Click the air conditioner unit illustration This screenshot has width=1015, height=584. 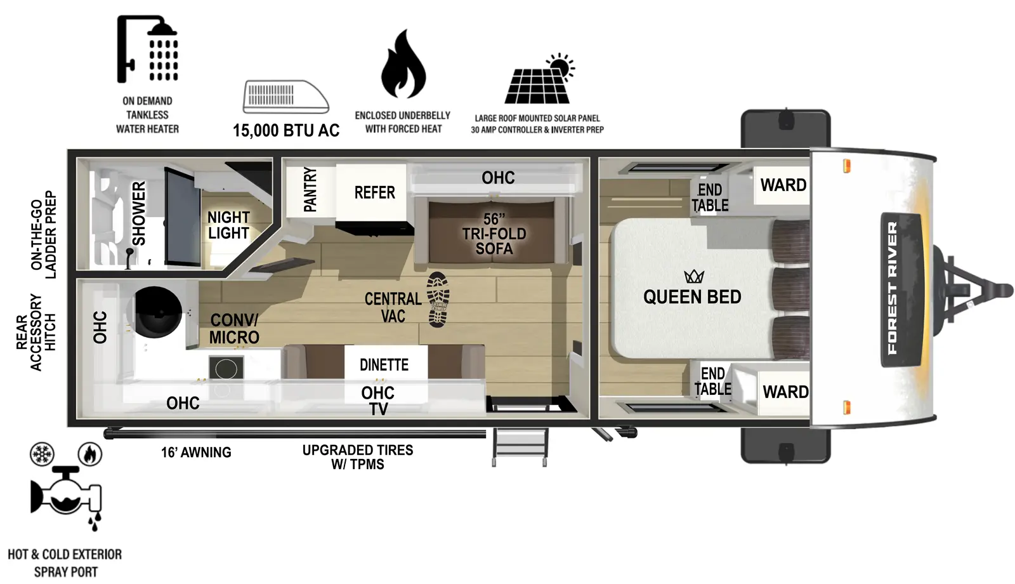(x=285, y=96)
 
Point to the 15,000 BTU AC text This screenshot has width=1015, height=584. (x=286, y=131)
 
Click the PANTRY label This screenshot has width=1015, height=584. (x=310, y=189)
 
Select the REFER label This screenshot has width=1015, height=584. (x=374, y=192)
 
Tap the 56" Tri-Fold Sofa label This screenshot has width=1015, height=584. (x=494, y=234)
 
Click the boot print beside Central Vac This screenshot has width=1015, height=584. (x=438, y=300)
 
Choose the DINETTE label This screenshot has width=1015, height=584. (x=384, y=365)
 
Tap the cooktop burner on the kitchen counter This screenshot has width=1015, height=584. (x=226, y=368)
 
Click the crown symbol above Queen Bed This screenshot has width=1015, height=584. (x=694, y=277)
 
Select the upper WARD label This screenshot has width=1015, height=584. (x=783, y=185)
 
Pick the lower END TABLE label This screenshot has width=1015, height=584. (x=712, y=382)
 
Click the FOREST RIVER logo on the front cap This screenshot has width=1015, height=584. (x=893, y=289)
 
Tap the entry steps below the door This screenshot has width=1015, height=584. (x=520, y=447)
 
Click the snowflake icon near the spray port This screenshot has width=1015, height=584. (x=43, y=455)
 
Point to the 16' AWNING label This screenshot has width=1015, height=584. (x=196, y=453)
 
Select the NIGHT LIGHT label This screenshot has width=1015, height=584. (x=228, y=225)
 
